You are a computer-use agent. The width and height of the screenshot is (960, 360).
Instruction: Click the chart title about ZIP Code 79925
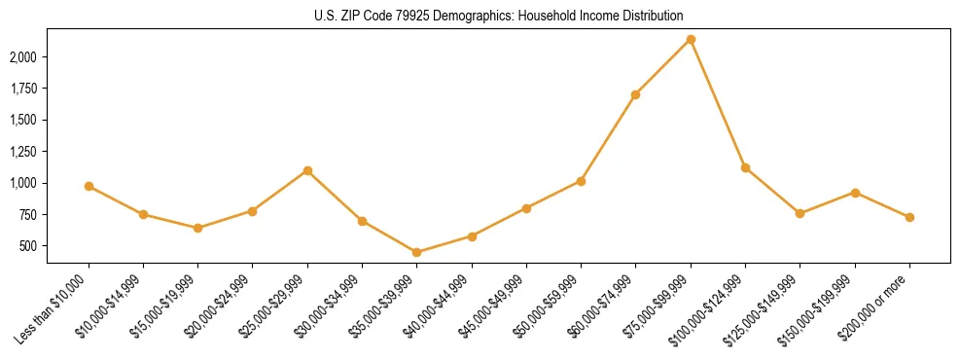(499, 16)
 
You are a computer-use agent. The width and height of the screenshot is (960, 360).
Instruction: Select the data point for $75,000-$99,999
(691, 40)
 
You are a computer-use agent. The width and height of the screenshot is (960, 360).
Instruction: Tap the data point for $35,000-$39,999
(417, 252)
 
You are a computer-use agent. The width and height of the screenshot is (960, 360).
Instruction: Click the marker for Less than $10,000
(89, 186)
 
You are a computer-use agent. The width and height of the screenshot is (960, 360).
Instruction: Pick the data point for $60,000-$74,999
(636, 94)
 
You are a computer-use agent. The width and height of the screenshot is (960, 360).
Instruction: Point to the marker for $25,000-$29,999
(307, 170)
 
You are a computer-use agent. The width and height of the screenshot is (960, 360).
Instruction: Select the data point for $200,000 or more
(909, 217)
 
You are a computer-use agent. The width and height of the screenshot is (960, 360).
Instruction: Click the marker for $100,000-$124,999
(745, 167)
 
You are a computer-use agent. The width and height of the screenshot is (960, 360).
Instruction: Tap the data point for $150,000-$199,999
(855, 193)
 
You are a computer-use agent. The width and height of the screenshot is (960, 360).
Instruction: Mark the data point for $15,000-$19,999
(198, 228)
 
